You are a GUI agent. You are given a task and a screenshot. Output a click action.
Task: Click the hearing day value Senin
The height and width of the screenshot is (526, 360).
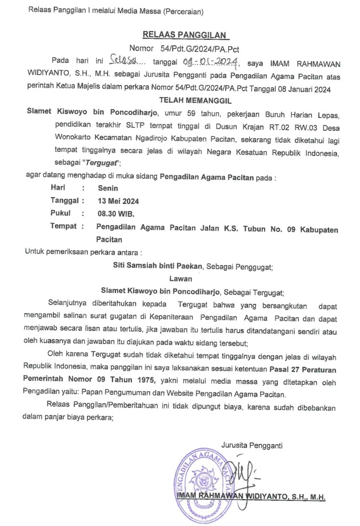click(106, 188)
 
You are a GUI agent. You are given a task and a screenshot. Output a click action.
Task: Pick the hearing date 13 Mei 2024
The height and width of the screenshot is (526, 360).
click(118, 200)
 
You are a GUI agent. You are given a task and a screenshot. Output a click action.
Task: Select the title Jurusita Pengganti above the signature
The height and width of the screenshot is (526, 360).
click(252, 444)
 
